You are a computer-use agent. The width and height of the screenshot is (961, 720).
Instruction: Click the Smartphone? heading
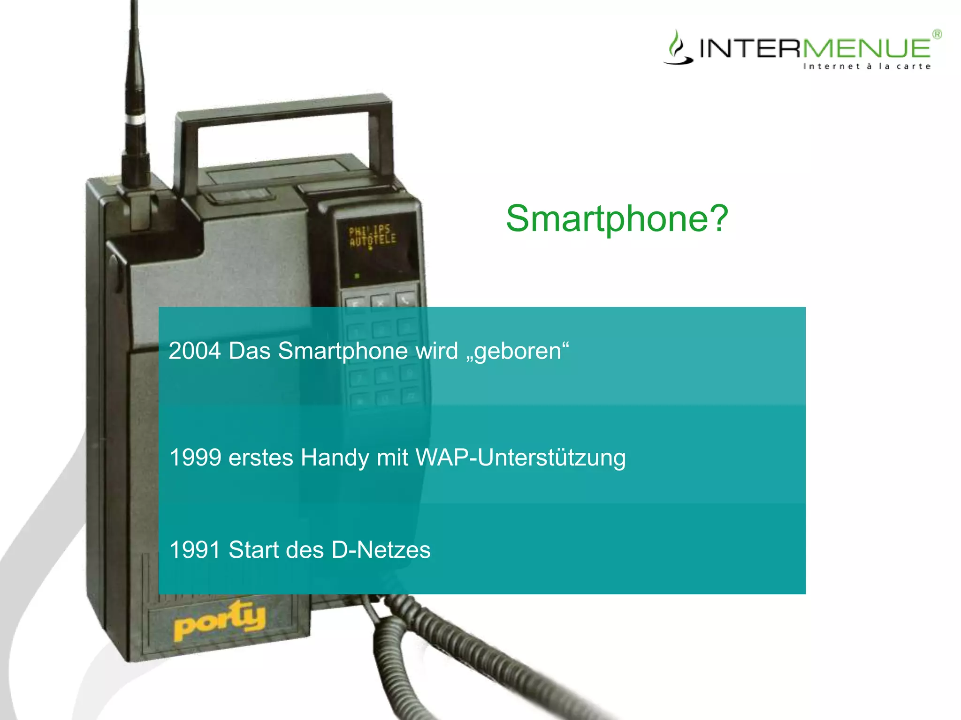click(617, 218)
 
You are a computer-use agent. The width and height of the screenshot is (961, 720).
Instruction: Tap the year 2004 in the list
click(194, 351)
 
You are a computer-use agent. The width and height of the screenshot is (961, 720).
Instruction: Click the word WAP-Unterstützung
click(520, 458)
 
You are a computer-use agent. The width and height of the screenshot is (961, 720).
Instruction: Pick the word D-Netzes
click(381, 550)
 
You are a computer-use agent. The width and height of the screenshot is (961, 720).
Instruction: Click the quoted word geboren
click(518, 352)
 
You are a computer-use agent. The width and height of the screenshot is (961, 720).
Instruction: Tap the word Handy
click(335, 458)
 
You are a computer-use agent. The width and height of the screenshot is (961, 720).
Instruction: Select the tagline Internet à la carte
click(867, 67)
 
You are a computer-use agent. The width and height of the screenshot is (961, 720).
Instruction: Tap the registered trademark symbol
click(937, 34)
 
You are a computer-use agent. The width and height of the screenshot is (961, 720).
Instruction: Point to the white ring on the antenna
click(135, 119)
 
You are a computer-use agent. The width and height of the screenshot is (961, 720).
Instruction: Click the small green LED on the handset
click(357, 276)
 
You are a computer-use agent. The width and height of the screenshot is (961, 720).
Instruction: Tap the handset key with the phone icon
click(404, 299)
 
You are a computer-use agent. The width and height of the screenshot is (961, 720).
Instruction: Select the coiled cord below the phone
click(469, 656)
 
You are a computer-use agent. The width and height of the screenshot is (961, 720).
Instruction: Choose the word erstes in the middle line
click(260, 457)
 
